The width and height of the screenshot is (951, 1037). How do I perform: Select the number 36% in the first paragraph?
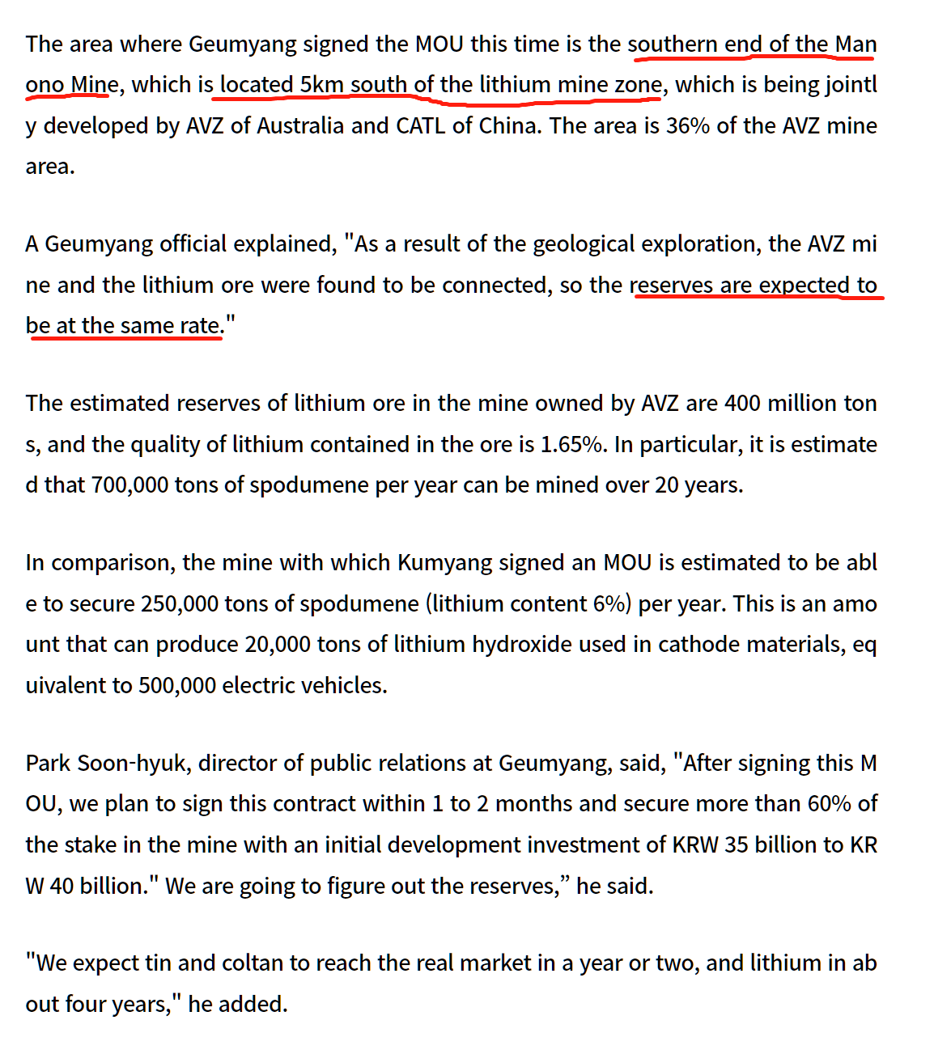(x=688, y=126)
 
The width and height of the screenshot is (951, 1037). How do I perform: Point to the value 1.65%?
(x=573, y=445)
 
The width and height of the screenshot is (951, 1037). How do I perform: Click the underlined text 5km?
(x=322, y=85)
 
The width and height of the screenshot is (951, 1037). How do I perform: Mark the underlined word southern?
(x=673, y=44)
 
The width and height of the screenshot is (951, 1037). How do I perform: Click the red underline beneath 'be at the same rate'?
(x=125, y=339)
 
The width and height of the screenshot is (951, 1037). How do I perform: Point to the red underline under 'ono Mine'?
(x=68, y=97)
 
